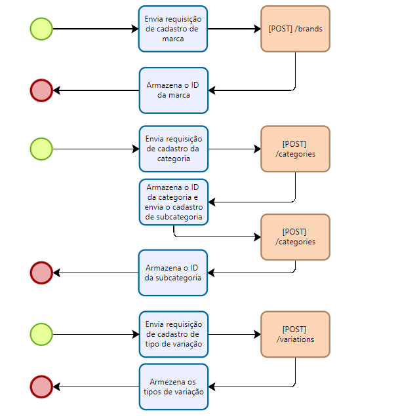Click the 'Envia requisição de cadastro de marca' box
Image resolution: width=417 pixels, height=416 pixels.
point(173,29)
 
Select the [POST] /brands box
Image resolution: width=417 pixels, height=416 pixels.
point(295,29)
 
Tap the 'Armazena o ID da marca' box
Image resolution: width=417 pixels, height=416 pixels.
point(173,90)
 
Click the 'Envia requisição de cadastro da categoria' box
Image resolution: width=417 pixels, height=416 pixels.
point(173,149)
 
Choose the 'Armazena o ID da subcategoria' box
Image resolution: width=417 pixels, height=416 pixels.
point(173,273)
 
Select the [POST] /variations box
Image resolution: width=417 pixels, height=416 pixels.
point(295,334)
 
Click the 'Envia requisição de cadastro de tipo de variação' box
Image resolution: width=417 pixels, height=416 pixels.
point(173,334)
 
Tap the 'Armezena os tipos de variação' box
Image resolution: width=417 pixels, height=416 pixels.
point(173,387)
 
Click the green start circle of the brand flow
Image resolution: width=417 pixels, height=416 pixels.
point(41,29)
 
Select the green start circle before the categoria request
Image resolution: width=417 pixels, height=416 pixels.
point(41,149)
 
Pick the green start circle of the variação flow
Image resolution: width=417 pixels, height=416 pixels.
point(41,334)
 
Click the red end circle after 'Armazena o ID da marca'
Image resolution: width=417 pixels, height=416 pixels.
point(41,90)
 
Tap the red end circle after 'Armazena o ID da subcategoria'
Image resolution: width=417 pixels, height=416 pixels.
point(41,273)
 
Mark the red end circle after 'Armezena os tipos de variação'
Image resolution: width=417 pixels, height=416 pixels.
point(41,387)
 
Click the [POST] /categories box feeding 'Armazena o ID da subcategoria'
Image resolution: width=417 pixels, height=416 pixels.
point(295,237)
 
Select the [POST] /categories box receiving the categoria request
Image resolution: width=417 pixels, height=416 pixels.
point(295,149)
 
